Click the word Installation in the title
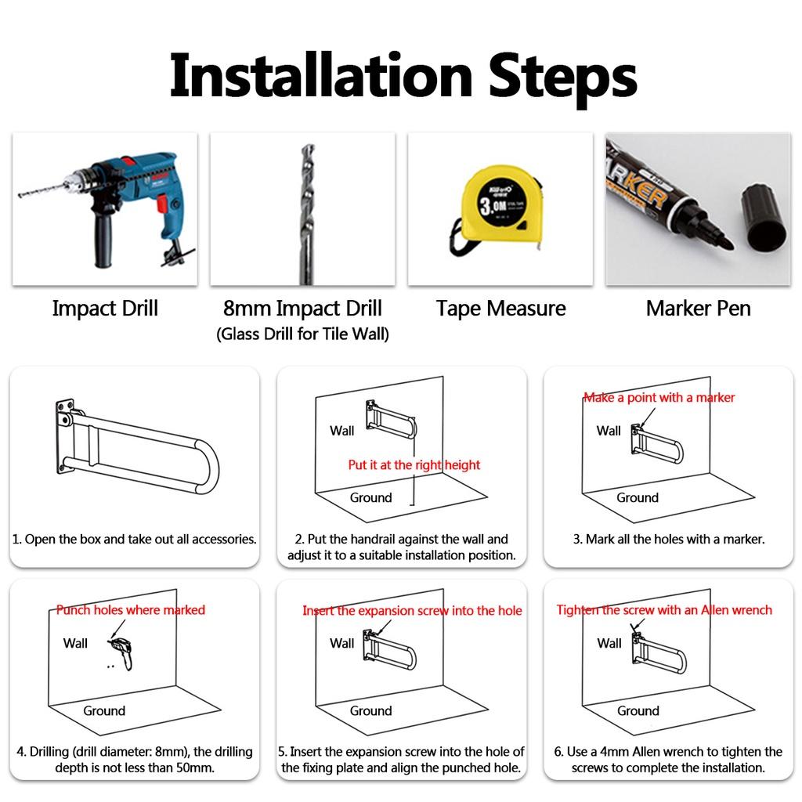pos(320,76)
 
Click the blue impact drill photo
pos(106,209)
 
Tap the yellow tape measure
pos(499,211)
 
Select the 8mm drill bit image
pos(306,214)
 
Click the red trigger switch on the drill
pos(161,203)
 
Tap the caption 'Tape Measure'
pos(500,309)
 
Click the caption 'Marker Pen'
pos(698,309)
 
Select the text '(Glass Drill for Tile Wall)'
pos(302,334)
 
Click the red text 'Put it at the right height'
pos(414,464)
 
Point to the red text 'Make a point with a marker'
pos(659,397)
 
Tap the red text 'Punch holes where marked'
pos(131,609)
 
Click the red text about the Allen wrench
pos(664,609)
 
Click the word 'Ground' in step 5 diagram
pos(370,710)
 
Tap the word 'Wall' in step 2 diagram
pos(341,431)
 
